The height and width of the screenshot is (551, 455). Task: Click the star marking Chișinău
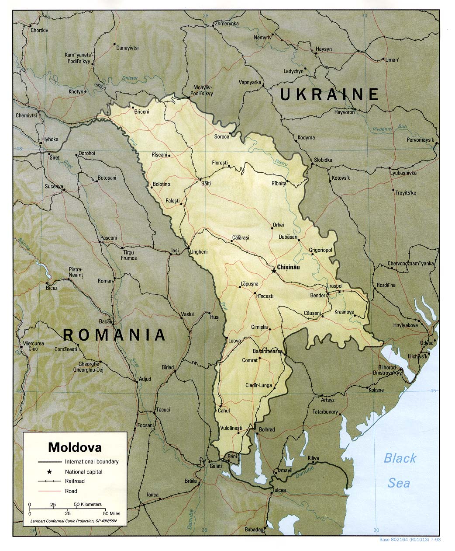tap(274, 271)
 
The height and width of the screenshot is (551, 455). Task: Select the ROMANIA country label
tap(114, 335)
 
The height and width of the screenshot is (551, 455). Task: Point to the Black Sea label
tap(400, 470)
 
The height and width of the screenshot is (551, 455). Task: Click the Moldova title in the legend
tap(75, 447)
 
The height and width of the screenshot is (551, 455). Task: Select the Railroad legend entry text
tap(75, 481)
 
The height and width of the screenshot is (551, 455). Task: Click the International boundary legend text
tap(92, 462)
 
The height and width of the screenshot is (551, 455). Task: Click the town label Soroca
tap(221, 137)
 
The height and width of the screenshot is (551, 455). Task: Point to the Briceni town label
tap(141, 112)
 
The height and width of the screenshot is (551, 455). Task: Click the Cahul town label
tap(224, 411)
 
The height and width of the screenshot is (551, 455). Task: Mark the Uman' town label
tap(392, 60)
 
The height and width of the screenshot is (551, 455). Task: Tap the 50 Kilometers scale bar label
tap(87, 505)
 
